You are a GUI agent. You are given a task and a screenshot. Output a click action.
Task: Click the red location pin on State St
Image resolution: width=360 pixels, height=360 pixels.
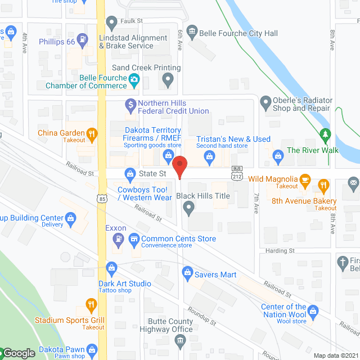tap(179, 167)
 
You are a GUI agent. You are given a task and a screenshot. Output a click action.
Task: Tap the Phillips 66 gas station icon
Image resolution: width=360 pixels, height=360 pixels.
tap(83, 40)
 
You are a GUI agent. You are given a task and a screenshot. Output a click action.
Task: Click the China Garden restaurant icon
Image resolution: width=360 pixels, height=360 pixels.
tap(93, 134)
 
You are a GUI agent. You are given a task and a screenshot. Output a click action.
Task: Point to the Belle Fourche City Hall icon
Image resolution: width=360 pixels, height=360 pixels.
tap(192, 31)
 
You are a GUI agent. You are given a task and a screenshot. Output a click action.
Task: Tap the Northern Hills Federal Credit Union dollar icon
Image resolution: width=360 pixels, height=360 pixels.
tap(130, 104)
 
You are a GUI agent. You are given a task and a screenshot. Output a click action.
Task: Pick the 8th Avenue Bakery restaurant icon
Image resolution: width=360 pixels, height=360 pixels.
tap(323, 184)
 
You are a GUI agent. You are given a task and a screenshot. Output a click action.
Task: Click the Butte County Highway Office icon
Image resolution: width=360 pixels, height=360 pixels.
tap(179, 340)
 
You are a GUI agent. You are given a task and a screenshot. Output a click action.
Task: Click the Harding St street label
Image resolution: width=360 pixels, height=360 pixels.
tap(280, 250)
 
